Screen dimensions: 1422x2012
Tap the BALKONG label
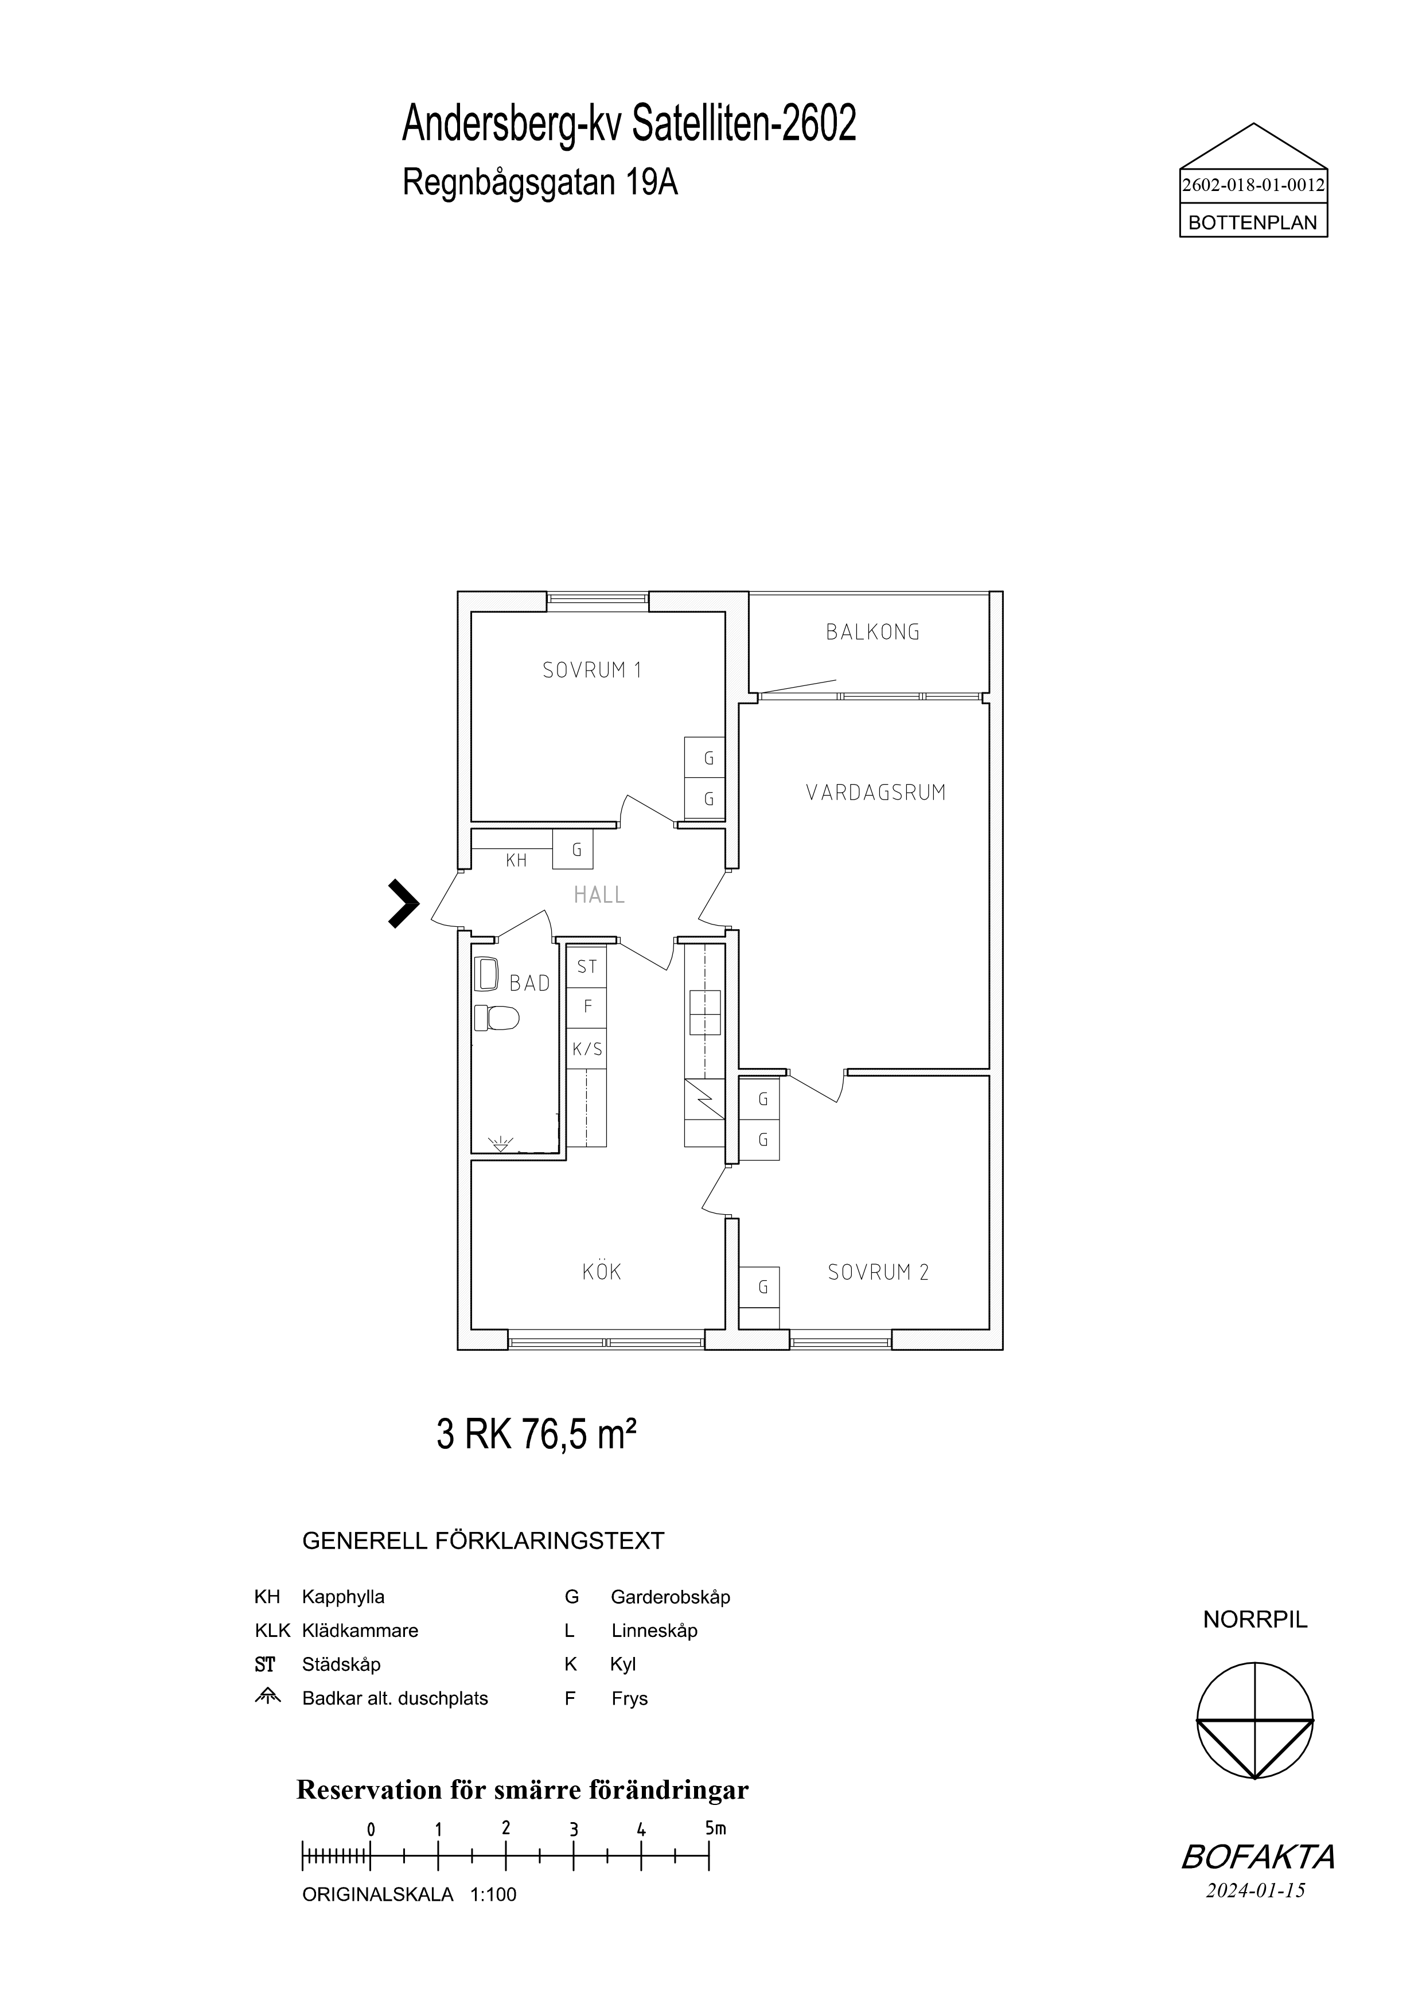872,632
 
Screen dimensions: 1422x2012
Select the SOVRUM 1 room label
593,670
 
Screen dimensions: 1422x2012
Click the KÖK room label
602,1272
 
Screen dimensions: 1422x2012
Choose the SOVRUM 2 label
878,1272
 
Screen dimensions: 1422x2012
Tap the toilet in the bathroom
497,1017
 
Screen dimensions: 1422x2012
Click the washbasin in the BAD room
486,973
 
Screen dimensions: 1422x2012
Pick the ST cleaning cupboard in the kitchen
587,966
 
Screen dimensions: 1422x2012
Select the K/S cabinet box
587,1049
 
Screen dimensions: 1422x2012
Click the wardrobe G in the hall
573,850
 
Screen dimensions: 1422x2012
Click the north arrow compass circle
1256,1720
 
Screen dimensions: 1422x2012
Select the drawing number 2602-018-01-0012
1254,186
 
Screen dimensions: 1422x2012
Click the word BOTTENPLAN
1253,224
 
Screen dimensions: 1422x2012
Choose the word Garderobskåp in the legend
670,1597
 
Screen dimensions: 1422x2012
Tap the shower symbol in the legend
267,1697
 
